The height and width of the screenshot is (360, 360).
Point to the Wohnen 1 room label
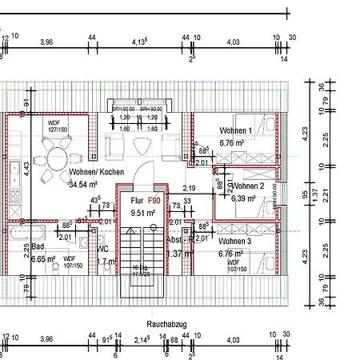coord(236,130)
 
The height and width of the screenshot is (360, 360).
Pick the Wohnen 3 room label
coord(235,241)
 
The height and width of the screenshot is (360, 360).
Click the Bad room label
coord(38,246)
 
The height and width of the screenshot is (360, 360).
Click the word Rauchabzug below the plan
coord(167,324)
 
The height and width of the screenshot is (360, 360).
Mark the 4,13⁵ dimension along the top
coord(139,42)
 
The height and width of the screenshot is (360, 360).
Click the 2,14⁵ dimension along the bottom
coord(142,341)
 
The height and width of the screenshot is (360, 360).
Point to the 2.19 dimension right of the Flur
coord(190,166)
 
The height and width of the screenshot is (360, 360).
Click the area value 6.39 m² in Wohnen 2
coord(244,198)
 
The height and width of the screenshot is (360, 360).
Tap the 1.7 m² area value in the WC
coord(106,261)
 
